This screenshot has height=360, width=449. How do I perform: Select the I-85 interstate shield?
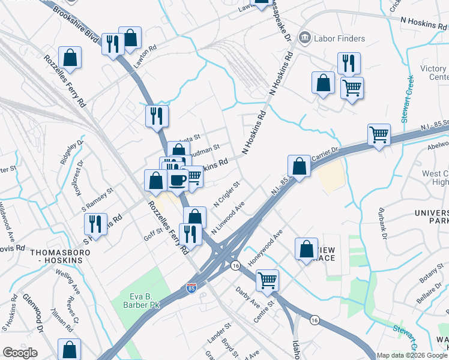pos(191,289)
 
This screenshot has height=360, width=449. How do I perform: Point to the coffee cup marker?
pos(178,179)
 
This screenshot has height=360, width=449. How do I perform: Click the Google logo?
pos(20,353)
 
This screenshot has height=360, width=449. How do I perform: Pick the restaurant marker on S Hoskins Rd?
pos(95,223)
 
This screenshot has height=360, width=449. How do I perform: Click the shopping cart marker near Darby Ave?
pos(267,279)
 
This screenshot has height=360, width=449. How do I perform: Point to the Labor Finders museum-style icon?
pos(305,38)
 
